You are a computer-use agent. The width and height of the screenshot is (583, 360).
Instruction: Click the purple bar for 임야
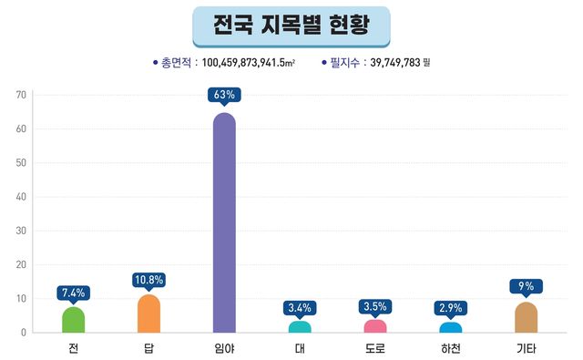[x=224, y=223]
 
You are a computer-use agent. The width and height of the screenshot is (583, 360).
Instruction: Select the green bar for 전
[x=73, y=320]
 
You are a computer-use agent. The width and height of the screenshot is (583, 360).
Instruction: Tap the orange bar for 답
[x=148, y=314]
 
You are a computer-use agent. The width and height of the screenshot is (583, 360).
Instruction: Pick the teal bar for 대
[x=300, y=326]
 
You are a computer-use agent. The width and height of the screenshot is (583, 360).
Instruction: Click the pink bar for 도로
[x=375, y=326]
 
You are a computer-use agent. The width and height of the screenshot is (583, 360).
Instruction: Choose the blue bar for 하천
[x=451, y=327]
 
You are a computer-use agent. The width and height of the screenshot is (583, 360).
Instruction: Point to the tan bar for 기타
[x=526, y=317]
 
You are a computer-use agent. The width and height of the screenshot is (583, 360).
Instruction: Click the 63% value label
[x=224, y=94]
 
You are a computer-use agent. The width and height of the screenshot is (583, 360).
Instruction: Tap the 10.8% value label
[x=148, y=280]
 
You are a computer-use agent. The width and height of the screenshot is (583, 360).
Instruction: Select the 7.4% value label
[x=73, y=293]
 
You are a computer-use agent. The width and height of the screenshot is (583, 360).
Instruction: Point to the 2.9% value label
[x=451, y=308]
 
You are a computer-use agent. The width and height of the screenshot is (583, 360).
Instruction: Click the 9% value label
[x=526, y=286]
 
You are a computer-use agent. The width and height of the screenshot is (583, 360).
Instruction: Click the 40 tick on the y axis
[x=21, y=197]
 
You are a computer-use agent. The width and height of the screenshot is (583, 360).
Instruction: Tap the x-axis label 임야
[x=224, y=348]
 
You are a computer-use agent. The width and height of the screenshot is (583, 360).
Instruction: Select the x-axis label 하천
[x=451, y=348]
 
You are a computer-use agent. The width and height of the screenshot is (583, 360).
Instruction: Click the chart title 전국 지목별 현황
[x=291, y=26]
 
